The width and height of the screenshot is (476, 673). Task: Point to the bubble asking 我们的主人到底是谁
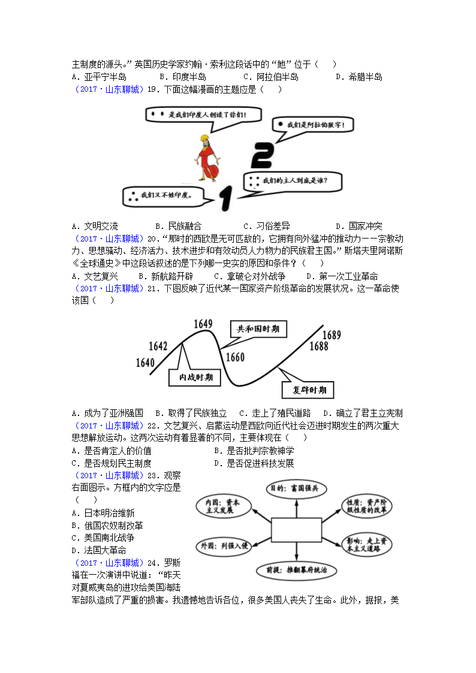coord(292,180)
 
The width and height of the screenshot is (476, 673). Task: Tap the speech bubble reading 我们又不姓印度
coord(162,195)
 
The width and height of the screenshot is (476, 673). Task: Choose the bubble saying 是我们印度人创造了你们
coord(202,114)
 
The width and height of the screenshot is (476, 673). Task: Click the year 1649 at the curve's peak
coord(203,324)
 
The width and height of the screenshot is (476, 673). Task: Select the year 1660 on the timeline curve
coord(235,358)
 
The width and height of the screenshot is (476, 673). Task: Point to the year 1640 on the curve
coord(146,362)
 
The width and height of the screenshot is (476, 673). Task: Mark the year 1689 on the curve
coord(332,334)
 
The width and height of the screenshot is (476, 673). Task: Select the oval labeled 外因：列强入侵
coord(223,547)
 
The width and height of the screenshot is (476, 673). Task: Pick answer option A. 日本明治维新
coord(103,513)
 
